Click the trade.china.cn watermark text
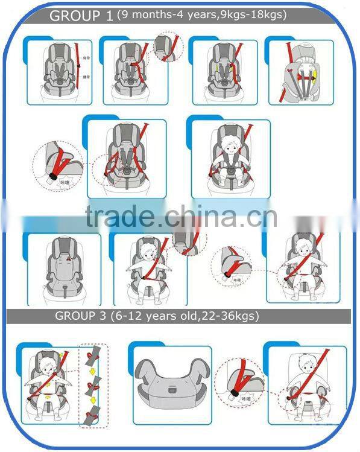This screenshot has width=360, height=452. [x=181, y=217]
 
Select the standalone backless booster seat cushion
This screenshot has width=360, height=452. [x=172, y=384]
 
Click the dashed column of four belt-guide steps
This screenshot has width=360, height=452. [x=94, y=385]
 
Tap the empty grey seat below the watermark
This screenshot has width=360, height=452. [x=62, y=266]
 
